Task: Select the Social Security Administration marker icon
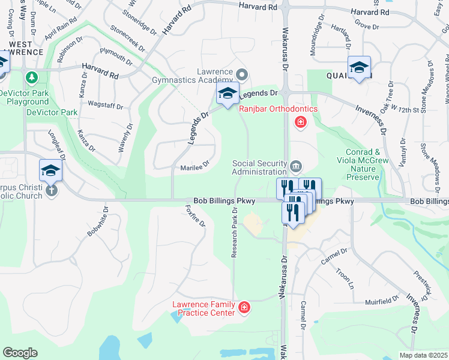tap(295, 166)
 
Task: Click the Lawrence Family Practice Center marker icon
tap(244, 308)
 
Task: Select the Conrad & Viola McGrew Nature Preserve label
tap(363, 165)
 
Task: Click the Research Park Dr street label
tap(235, 234)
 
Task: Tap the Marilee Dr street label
tap(194, 166)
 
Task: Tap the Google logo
tap(20, 353)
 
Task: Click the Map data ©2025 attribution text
tap(423, 355)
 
